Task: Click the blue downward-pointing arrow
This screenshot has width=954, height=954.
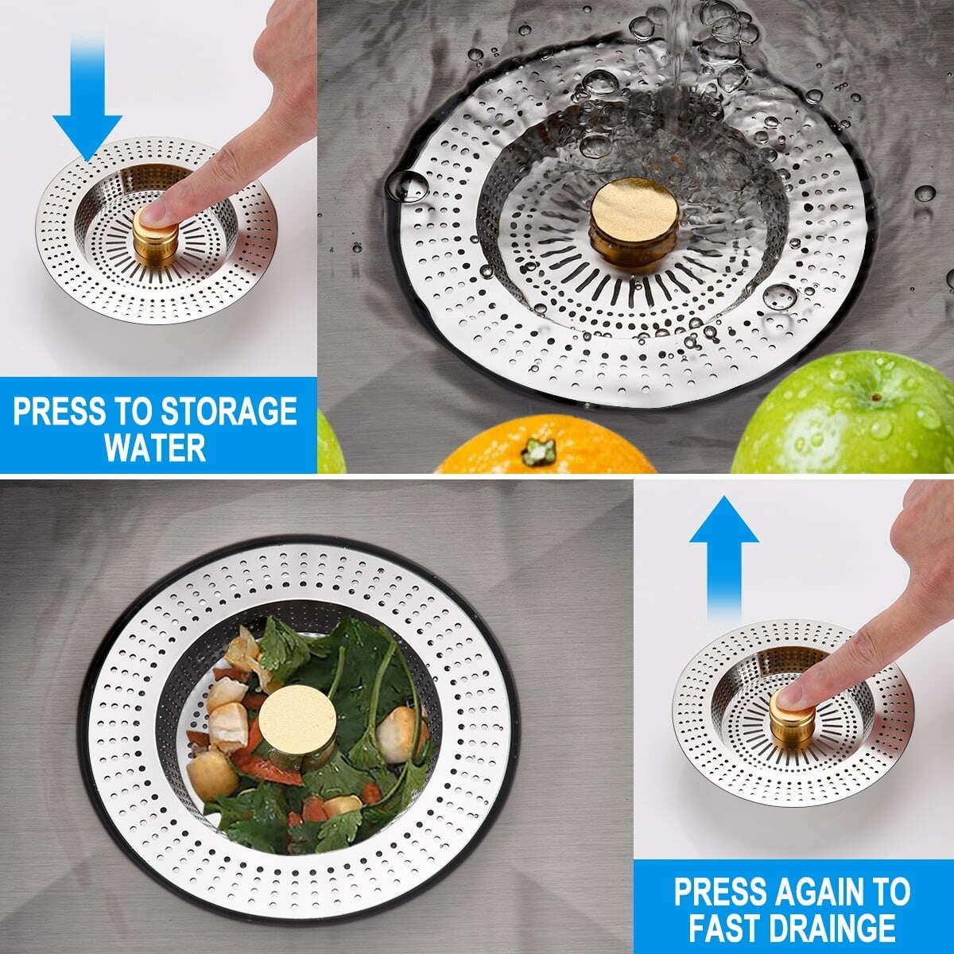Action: click(x=87, y=103)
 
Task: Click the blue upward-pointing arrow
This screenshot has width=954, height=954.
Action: click(x=723, y=556)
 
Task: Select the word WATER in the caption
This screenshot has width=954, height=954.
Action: click(x=155, y=447)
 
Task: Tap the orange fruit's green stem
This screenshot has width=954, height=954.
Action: click(x=540, y=451)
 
